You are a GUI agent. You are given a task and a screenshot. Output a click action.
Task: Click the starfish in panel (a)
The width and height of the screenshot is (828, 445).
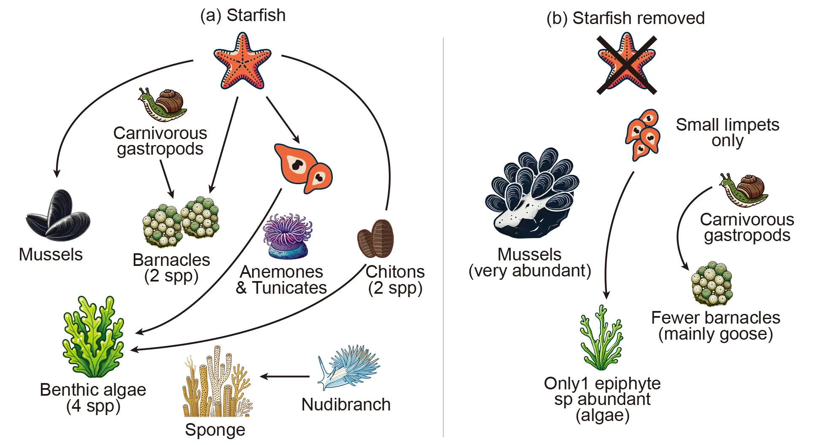(x=242, y=62)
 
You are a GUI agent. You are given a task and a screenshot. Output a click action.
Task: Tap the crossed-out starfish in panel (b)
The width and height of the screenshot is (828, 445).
(x=626, y=63)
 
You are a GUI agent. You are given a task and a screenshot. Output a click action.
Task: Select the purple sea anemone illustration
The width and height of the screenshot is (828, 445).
(x=288, y=236)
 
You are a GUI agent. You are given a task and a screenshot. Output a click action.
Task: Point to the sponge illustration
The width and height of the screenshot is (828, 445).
(x=216, y=383)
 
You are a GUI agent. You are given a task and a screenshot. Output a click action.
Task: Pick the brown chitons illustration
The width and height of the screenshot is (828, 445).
(x=376, y=239)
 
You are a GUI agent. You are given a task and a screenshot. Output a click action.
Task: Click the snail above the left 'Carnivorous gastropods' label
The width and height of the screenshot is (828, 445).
(x=164, y=104)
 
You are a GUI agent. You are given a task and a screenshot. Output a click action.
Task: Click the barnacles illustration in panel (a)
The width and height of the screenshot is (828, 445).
(x=181, y=221)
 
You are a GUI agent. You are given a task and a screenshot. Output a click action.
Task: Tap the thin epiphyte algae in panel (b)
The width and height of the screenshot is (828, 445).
(x=601, y=339)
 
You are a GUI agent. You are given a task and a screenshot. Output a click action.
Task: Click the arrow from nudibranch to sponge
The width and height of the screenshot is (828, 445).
(x=285, y=376)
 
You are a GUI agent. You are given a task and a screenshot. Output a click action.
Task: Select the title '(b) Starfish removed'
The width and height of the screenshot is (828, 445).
(x=625, y=18)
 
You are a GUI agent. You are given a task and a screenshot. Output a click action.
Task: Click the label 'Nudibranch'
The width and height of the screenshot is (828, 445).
(x=346, y=405)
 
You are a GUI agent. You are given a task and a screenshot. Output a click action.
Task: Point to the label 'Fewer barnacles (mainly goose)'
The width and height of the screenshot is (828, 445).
(x=715, y=326)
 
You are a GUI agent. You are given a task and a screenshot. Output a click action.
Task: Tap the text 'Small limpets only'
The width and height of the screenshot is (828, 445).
(x=727, y=132)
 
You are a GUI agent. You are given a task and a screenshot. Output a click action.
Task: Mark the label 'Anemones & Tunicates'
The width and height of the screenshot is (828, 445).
(x=281, y=280)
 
